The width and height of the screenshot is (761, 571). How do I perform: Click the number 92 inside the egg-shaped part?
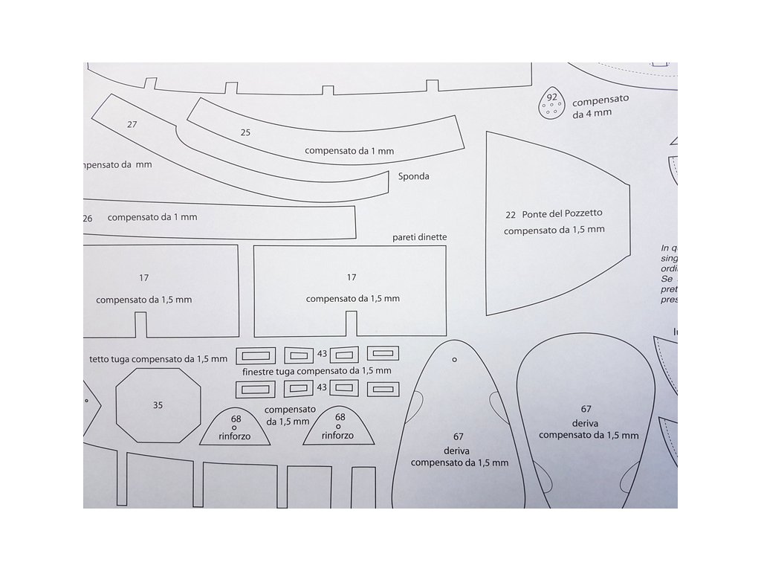tap(551, 97)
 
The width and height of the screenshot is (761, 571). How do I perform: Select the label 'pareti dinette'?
tap(420, 237)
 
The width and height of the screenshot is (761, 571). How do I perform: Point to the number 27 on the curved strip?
tap(132, 124)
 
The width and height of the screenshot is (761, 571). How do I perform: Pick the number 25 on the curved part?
tap(246, 132)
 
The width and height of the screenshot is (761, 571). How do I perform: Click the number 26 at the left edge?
tap(88, 218)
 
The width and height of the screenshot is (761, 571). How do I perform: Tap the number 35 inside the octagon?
tap(158, 405)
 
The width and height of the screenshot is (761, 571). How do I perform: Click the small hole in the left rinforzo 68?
tap(235, 428)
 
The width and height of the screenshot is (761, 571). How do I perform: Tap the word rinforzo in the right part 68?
tap(338, 436)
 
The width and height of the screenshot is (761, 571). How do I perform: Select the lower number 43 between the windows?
tap(322, 387)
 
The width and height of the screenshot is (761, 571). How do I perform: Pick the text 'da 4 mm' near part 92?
tap(592, 112)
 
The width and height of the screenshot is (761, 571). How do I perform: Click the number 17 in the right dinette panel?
tap(352, 277)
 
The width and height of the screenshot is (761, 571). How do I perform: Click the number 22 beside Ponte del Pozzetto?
tap(511, 214)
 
